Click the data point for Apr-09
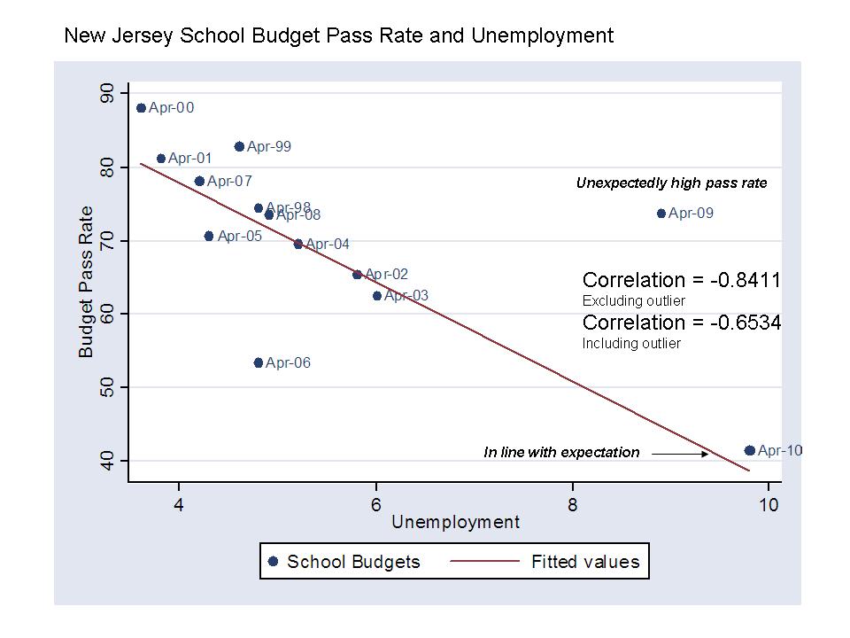tap(661, 214)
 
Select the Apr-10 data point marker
tap(750, 451)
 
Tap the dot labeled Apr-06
tap(259, 362)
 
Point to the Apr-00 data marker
tap(141, 108)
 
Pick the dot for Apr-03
tap(377, 296)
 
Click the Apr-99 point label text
tap(269, 147)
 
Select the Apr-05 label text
tap(239, 237)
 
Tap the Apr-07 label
tap(229, 182)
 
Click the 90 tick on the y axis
tap(108, 94)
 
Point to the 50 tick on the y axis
tap(108, 387)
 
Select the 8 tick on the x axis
tap(573, 505)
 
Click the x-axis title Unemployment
tap(455, 523)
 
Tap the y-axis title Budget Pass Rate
tap(86, 282)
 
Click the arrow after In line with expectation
tap(680, 454)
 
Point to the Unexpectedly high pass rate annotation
tap(671, 183)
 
